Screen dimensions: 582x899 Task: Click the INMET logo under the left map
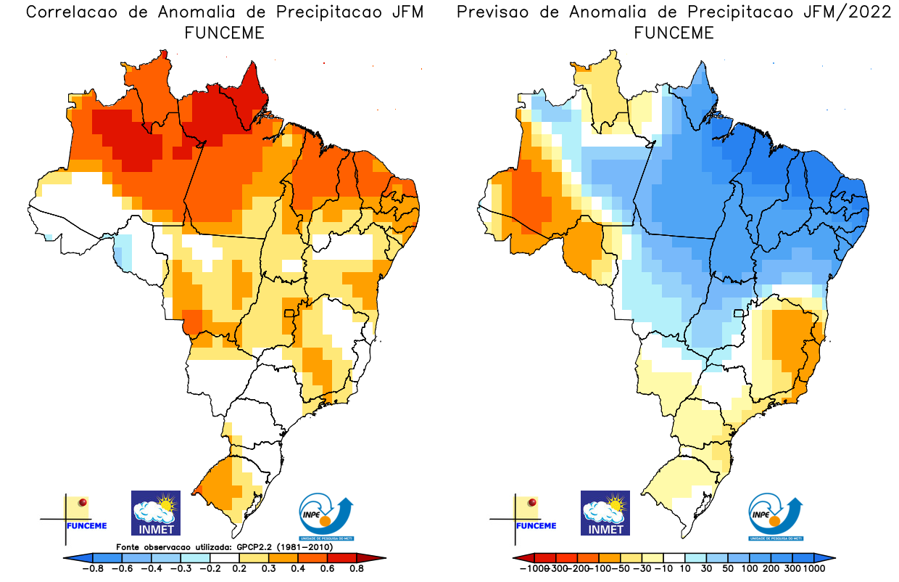(155, 512)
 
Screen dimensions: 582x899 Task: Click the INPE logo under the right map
(776, 517)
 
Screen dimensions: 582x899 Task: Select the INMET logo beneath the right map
(605, 512)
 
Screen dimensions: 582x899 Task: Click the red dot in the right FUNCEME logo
(532, 502)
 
